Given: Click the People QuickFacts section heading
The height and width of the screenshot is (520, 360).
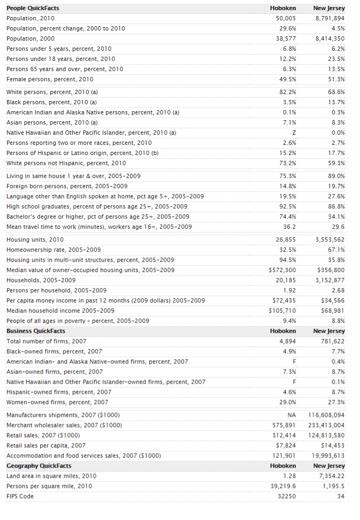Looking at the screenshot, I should [33, 8].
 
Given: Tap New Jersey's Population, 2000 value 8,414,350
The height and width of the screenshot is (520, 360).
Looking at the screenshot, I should [330, 38].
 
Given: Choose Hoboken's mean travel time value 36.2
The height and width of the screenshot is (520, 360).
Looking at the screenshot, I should [289, 227].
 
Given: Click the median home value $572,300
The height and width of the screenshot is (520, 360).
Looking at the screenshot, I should [282, 270].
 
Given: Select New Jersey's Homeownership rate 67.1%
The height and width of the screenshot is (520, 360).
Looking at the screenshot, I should [335, 250].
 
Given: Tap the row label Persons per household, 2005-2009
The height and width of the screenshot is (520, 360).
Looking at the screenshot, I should [56, 290].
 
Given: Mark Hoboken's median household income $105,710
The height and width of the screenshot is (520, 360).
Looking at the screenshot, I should [282, 311].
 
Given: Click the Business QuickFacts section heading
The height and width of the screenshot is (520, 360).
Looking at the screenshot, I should [36, 331].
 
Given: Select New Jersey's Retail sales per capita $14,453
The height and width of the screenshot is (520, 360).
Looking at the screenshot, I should [333, 445].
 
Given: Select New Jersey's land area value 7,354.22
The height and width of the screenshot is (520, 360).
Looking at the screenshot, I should [332, 476].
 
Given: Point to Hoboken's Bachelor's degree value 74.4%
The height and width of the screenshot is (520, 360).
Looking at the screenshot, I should [287, 216].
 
